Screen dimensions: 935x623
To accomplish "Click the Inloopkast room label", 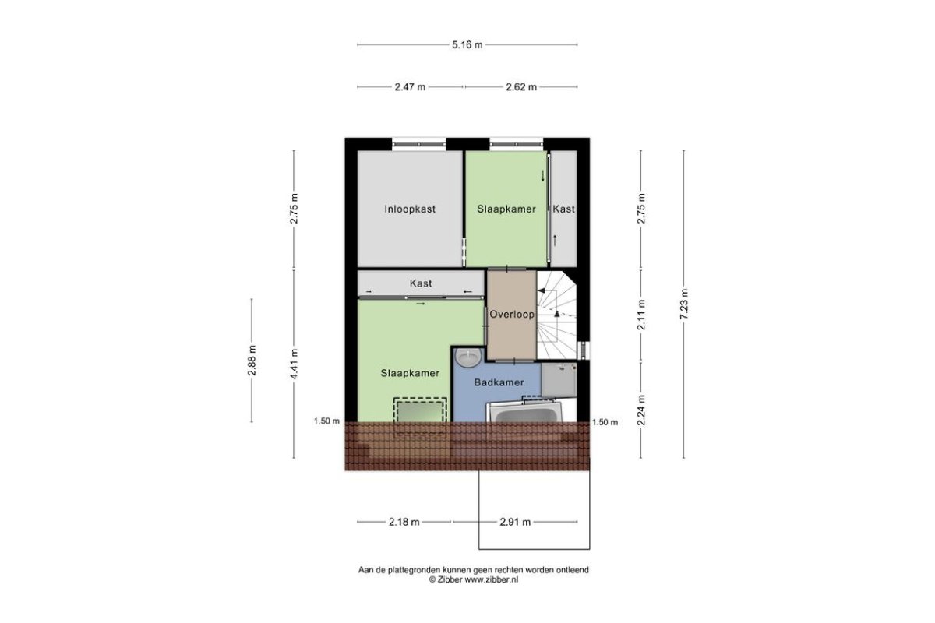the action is pyautogui.click(x=410, y=209).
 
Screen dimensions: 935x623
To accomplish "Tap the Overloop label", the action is pyautogui.click(x=512, y=314).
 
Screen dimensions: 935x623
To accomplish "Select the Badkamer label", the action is pyautogui.click(x=499, y=382).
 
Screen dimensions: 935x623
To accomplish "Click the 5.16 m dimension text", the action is pyautogui.click(x=467, y=44).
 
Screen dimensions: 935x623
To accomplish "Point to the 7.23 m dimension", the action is pyautogui.click(x=684, y=304).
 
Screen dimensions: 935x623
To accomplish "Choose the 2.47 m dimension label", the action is pyautogui.click(x=410, y=87).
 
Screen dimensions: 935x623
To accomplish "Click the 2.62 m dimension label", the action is pyautogui.click(x=521, y=87).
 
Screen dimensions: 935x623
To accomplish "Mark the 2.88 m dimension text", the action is pyautogui.click(x=252, y=361).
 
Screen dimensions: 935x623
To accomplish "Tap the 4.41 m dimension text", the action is pyautogui.click(x=294, y=364).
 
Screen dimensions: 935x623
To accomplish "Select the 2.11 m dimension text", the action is pyautogui.click(x=641, y=315).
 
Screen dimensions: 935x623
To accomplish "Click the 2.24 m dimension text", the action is pyautogui.click(x=641, y=410).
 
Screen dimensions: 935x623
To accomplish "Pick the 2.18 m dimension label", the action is pyautogui.click(x=404, y=522).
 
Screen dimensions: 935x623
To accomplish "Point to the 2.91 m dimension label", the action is pyautogui.click(x=515, y=522).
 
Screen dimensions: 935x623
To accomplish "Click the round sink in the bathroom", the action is pyautogui.click(x=468, y=357).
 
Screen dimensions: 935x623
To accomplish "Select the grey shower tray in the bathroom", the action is pyautogui.click(x=559, y=380).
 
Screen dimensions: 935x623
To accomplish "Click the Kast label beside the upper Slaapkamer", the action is pyautogui.click(x=563, y=209).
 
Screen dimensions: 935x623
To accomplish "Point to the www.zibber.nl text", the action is pyautogui.click(x=492, y=579).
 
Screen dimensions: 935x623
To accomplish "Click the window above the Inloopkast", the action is pyautogui.click(x=419, y=144).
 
